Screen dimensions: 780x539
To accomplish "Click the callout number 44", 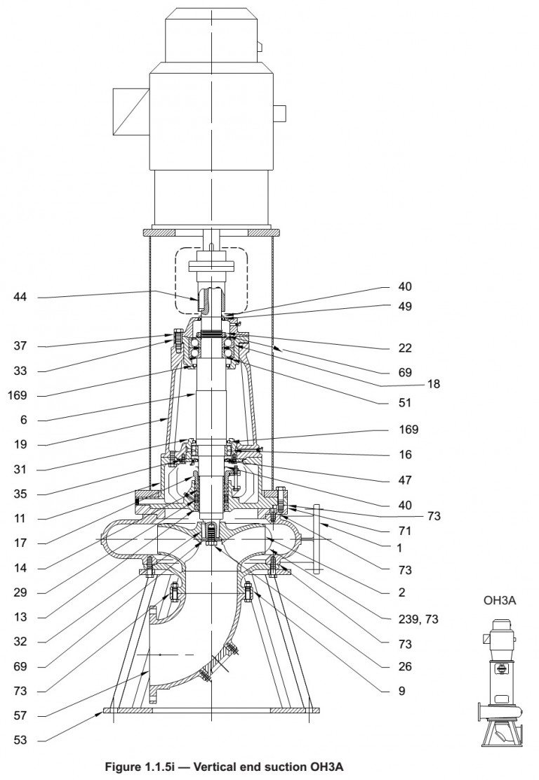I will [x=20, y=298].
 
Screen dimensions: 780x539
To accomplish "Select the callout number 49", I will [x=405, y=307].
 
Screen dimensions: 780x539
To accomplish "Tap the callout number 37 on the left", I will [x=20, y=346].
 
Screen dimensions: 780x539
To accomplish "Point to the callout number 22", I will [x=405, y=348].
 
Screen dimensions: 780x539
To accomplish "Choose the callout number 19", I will [x=20, y=445].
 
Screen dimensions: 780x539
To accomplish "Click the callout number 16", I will [x=405, y=454].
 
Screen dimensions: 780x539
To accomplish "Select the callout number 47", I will [x=405, y=480].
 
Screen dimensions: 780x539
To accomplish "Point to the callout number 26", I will [x=405, y=667].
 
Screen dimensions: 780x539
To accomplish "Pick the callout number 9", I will [x=401, y=691].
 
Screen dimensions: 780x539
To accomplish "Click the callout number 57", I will [x=20, y=716].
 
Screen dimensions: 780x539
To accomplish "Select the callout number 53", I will [x=20, y=741].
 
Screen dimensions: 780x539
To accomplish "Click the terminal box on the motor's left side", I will [x=131, y=112].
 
